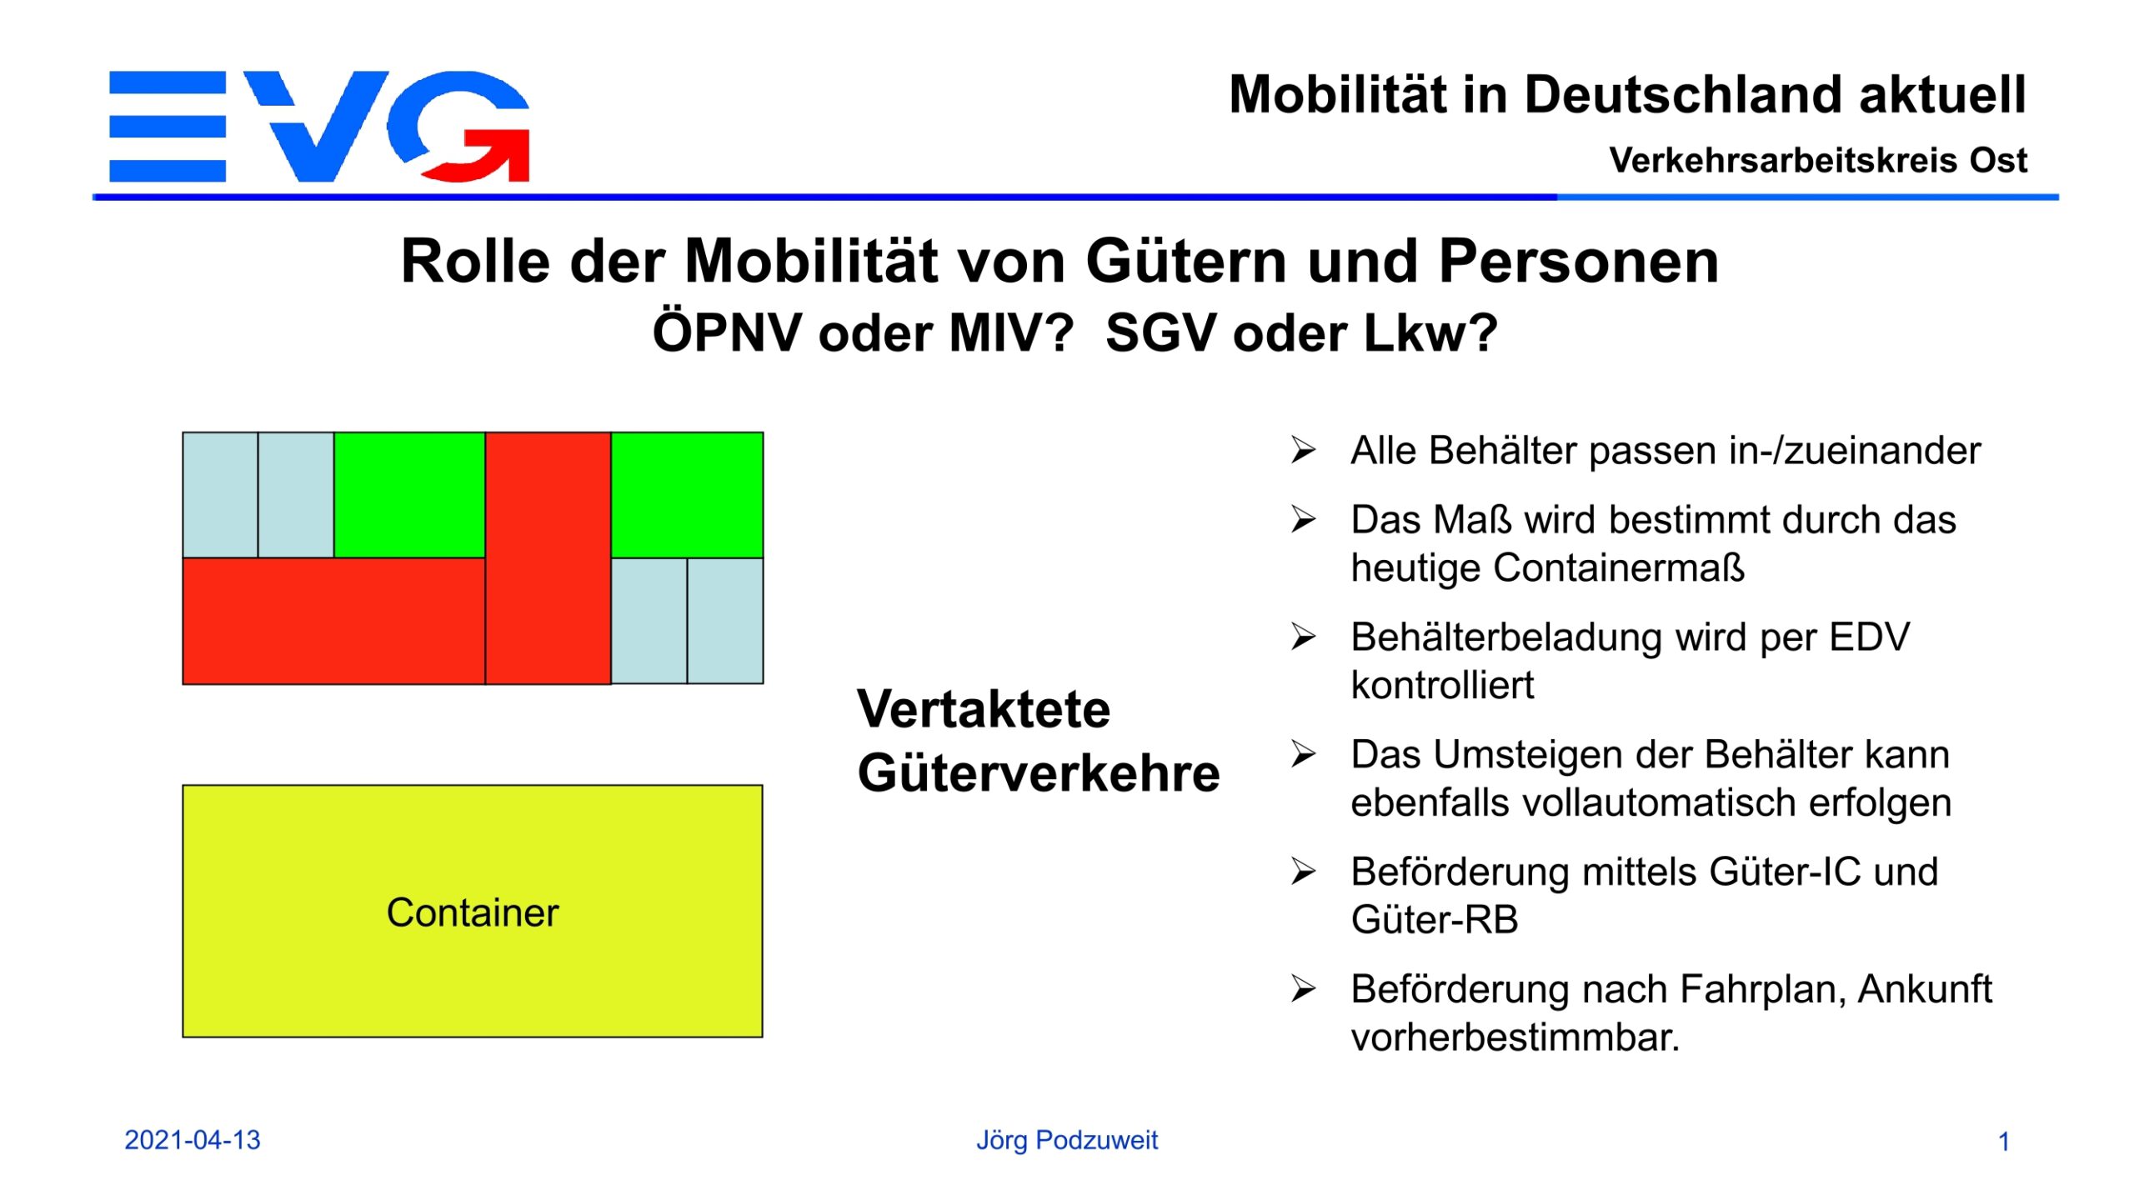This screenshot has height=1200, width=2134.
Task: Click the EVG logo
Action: [x=319, y=126]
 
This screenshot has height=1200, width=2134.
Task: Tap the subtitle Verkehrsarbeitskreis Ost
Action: [x=1818, y=160]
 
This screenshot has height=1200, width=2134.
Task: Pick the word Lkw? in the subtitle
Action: [x=1430, y=333]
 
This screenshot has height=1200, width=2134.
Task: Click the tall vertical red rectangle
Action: [x=548, y=557]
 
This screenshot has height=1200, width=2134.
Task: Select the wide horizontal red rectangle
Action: [x=333, y=621]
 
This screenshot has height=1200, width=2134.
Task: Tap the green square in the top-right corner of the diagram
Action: [x=687, y=495]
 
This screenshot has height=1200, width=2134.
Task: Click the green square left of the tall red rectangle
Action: [x=409, y=495]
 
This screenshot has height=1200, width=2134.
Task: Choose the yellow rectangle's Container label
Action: [x=473, y=912]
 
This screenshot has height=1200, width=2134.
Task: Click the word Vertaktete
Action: [x=984, y=709]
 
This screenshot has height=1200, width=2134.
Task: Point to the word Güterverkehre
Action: [x=1039, y=772]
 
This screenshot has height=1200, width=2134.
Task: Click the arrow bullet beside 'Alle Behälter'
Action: [x=1304, y=450]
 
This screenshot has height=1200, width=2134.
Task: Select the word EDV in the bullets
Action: [x=1869, y=637]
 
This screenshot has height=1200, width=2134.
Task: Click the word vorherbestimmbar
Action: [x=1515, y=1037]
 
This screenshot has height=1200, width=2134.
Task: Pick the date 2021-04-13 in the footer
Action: [x=193, y=1140]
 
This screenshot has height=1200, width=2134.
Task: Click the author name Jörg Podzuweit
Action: [x=1067, y=1141]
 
